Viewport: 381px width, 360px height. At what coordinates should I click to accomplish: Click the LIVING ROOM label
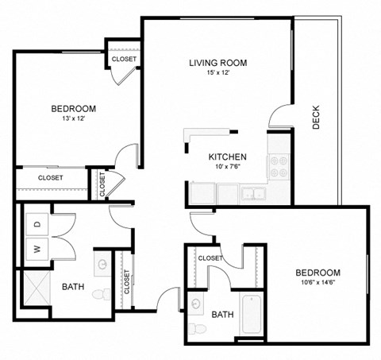[217, 63]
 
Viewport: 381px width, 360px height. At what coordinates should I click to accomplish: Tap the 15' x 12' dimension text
[217, 74]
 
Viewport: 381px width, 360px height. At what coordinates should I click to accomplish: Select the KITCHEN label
[227, 157]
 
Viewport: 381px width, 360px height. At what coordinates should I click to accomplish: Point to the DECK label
[316, 118]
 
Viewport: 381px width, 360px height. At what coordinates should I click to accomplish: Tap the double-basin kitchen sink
[253, 192]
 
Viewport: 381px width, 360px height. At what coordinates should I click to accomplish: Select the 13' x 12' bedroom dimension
[73, 119]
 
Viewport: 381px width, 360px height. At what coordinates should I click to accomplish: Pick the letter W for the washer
[37, 249]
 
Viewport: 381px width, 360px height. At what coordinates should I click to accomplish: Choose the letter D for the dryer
[37, 225]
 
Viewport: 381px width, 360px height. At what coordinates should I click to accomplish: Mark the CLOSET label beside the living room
[124, 59]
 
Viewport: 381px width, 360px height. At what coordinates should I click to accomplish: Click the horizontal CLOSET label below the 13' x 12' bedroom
[50, 178]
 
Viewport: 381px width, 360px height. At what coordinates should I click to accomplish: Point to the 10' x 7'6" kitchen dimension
[227, 168]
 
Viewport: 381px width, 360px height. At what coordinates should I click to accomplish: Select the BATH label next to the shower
[74, 287]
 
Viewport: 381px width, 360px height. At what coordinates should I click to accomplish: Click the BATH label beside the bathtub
[222, 315]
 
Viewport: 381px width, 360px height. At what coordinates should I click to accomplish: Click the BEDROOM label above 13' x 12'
[73, 109]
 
